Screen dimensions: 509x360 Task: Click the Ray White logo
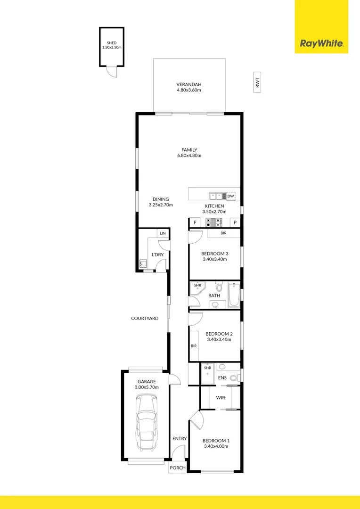coord(322,44)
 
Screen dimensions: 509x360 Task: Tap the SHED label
coord(111,43)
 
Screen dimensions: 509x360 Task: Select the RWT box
coord(257,83)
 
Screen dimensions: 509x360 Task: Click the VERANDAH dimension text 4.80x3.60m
coord(189,90)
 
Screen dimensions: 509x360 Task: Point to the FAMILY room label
coord(189,150)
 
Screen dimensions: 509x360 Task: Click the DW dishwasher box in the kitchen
coord(230,196)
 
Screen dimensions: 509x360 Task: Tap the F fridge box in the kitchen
coord(194,222)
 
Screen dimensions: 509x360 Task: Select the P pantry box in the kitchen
coord(235,222)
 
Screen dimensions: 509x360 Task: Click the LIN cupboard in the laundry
coord(163,233)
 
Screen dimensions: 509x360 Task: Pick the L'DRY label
coord(157,255)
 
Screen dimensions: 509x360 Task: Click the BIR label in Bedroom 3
coord(224,233)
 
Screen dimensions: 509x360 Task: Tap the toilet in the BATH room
coord(219,287)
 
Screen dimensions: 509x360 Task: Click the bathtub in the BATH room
coord(234,296)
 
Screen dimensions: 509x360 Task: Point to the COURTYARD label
coord(145,319)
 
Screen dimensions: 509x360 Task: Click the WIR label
coord(221,398)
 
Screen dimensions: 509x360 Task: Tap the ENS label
coord(222,378)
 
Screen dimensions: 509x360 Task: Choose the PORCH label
coord(178,468)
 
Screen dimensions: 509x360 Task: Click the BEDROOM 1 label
coord(216,441)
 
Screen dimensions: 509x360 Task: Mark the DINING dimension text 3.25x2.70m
coord(161,205)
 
